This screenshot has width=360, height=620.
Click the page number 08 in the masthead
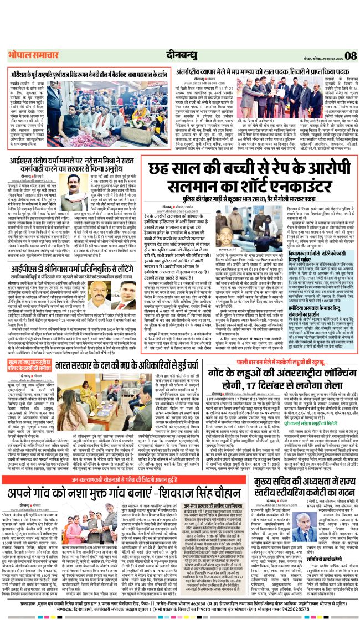(x=350, y=55)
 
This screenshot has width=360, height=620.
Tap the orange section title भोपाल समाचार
(x=28, y=55)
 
